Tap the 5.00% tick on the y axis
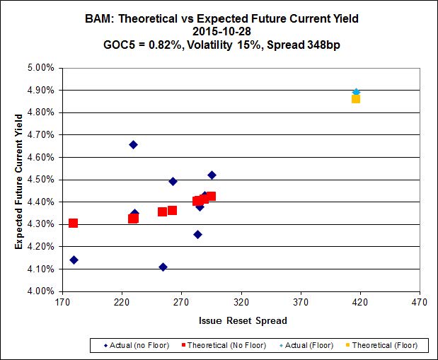coord(40,68)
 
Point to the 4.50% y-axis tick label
coord(40,180)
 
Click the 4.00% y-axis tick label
coord(40,291)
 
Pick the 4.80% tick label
coord(40,112)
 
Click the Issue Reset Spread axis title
coord(242,320)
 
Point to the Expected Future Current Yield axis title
coord(19,180)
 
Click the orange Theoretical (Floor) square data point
coord(356,98)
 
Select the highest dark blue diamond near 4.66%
coord(133,144)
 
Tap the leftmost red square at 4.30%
coord(73,223)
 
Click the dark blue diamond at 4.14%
coord(74,260)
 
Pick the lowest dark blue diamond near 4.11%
coord(163,267)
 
